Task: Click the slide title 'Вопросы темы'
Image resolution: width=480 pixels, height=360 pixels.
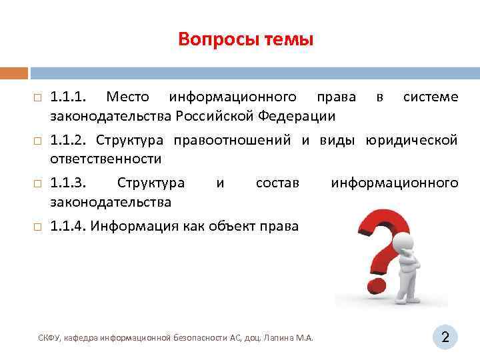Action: click(x=245, y=40)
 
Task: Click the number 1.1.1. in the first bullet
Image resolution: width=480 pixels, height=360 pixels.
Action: click(x=68, y=97)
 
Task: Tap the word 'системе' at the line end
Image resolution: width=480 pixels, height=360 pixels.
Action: click(x=431, y=97)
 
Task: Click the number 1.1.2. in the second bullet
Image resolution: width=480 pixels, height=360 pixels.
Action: click(x=69, y=140)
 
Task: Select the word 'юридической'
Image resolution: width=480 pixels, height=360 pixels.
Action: click(x=411, y=140)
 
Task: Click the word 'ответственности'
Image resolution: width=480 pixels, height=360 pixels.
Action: click(x=106, y=159)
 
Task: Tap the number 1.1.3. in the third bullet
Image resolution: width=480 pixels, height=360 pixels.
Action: click(x=69, y=183)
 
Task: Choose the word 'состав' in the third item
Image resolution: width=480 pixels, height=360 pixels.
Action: click(x=277, y=183)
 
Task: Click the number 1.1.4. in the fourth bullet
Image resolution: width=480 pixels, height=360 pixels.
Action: click(x=69, y=225)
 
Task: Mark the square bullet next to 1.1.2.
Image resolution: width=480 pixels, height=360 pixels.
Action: click(x=37, y=141)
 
